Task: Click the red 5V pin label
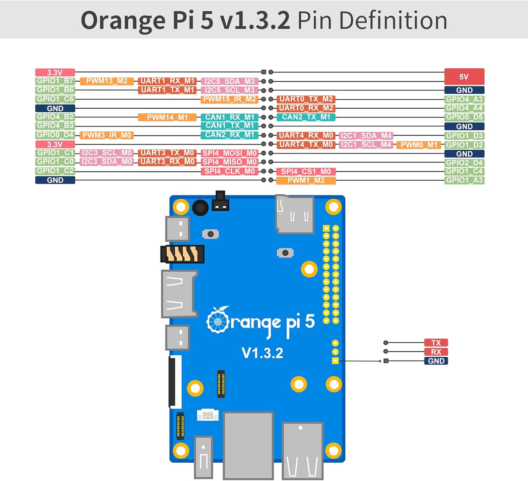click(x=464, y=77)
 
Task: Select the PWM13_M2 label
click(x=107, y=81)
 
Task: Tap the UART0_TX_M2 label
click(x=306, y=99)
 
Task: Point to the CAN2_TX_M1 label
click(x=306, y=117)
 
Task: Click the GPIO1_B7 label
click(x=55, y=81)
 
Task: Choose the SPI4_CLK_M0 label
click(x=230, y=171)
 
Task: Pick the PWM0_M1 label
click(x=419, y=145)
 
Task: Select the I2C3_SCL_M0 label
click(x=107, y=153)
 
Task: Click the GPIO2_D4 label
click(x=464, y=163)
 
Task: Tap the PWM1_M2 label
click(x=306, y=181)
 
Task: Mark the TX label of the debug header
click(x=436, y=343)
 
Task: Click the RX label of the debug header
click(x=436, y=352)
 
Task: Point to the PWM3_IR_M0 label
click(x=107, y=135)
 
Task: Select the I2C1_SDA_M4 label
click(x=366, y=136)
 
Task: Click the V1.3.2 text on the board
click(x=262, y=353)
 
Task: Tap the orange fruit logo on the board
click(x=218, y=320)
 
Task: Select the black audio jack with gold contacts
click(x=182, y=254)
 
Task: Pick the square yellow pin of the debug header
click(x=335, y=361)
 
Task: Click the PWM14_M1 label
click(x=167, y=117)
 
